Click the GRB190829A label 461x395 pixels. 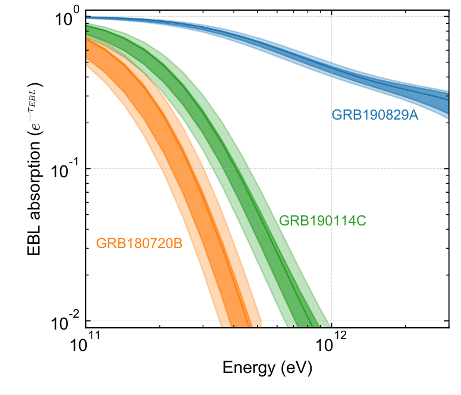pos(375,115)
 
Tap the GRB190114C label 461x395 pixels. pos(322,221)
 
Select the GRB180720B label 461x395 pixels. pos(139,243)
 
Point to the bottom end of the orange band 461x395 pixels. pos(241,325)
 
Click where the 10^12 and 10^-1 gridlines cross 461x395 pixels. pos(331,168)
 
